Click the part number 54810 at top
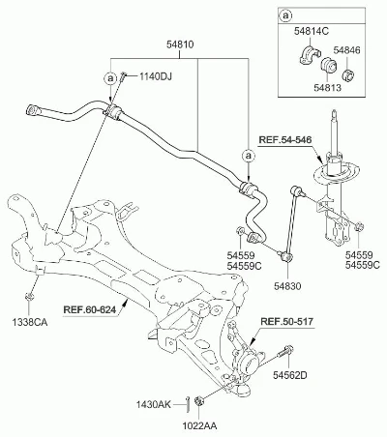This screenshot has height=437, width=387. tap(180, 44)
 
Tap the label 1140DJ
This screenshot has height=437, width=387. tap(156, 76)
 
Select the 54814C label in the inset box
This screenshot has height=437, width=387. tap(312, 31)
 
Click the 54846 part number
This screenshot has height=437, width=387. tap(346, 50)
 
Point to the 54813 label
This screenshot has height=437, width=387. tap(327, 88)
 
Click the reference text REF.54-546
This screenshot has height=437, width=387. tap(285, 140)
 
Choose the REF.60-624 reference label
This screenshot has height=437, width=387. tap(90, 310)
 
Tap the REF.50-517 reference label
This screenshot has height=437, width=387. tap(286, 321)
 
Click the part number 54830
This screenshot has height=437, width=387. tap(287, 285)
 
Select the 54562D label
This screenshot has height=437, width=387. tap(290, 375)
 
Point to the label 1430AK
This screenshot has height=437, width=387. tap(153, 404)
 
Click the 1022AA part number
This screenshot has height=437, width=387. tap(199, 426)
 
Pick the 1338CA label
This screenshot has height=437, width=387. tap(30, 322)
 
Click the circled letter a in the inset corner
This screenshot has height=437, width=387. tap(285, 15)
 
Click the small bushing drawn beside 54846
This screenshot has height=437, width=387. tap(347, 74)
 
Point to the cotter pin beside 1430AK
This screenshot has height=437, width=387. tap(188, 404)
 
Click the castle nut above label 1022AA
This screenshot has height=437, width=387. tap(198, 402)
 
